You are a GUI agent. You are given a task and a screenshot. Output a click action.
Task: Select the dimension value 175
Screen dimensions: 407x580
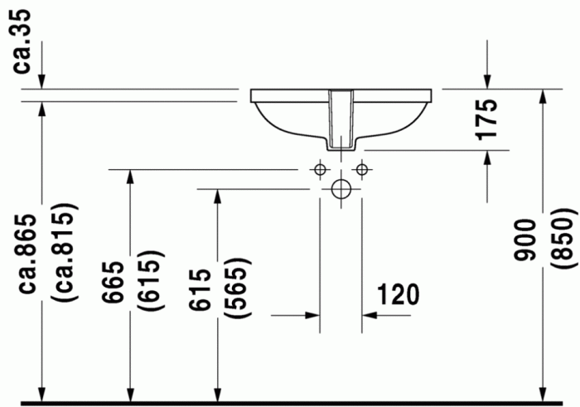488,119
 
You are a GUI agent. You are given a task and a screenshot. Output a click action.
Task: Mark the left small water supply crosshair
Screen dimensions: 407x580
320,169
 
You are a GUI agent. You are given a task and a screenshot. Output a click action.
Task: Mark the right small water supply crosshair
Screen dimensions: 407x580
361,169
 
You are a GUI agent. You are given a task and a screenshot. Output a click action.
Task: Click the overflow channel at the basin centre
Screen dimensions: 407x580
341,120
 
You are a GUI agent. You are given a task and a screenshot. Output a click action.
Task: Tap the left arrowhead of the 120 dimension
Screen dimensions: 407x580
313,315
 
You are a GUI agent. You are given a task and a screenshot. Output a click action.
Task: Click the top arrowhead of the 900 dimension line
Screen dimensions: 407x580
543,97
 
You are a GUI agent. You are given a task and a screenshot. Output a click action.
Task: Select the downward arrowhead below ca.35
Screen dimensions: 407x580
39,80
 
